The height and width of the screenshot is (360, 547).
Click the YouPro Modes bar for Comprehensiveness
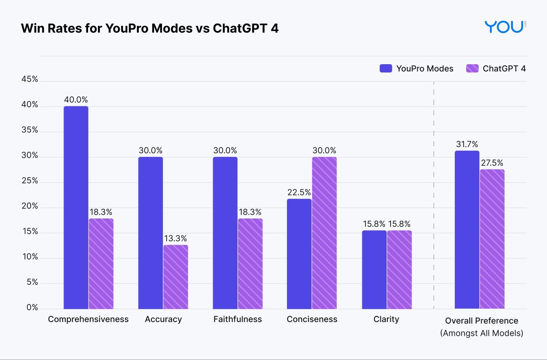[76, 207]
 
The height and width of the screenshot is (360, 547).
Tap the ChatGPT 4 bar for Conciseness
[324, 233]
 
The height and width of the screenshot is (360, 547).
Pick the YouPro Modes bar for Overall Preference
[467, 230]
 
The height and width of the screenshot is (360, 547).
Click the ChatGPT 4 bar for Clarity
[399, 270]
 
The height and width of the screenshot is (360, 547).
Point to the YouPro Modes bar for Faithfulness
[225, 233]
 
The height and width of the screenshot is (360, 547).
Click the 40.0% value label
[76, 100]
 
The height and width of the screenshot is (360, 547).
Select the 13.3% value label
[175, 239]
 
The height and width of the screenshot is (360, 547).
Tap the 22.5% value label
[299, 192]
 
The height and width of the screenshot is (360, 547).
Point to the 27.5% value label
[492, 163]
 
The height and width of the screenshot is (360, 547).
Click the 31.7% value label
[467, 144]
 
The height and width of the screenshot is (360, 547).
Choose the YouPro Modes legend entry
[416, 68]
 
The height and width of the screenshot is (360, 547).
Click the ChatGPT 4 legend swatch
[472, 68]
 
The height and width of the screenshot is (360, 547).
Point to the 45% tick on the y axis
[30, 79]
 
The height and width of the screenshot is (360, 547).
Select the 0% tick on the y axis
[32, 308]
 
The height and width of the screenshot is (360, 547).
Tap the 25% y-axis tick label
[30, 181]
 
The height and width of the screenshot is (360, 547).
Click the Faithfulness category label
[238, 319]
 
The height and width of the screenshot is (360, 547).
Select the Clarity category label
[386, 319]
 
